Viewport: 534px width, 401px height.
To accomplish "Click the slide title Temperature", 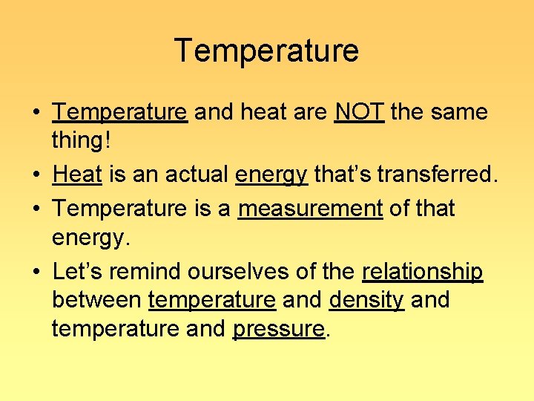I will click(266, 51).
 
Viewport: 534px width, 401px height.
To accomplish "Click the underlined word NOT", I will click(359, 112).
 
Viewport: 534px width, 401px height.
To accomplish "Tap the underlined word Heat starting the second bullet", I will click(77, 175).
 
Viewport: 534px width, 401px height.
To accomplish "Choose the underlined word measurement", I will click(310, 209).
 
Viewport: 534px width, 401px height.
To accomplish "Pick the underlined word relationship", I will click(422, 273).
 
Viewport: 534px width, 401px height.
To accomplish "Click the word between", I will click(97, 301).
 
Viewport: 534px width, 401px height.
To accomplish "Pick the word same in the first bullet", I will click(458, 112).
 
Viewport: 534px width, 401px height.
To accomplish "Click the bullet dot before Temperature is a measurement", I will click(36, 209).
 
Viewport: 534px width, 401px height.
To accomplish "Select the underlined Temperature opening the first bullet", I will click(119, 112).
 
